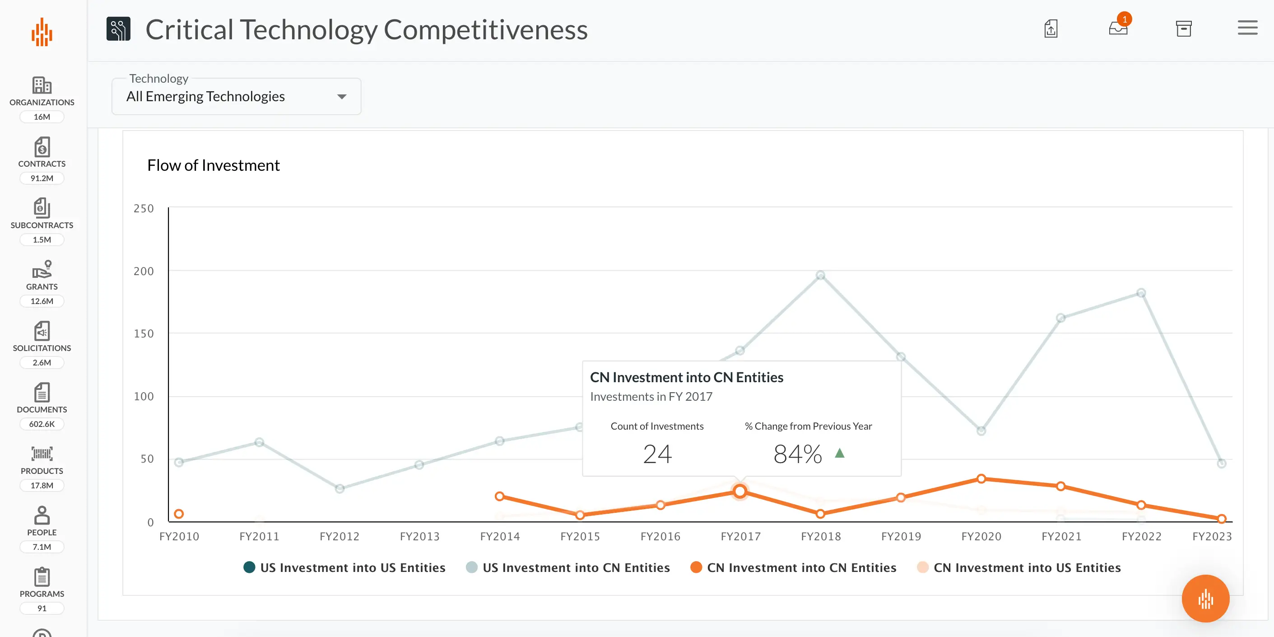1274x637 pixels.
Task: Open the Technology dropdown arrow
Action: (341, 97)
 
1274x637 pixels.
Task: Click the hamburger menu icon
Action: (1247, 28)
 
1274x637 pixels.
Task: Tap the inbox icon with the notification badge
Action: (1118, 28)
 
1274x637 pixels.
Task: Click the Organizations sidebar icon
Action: (42, 85)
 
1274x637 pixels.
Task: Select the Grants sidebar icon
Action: (42, 270)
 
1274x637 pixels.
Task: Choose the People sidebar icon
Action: (42, 515)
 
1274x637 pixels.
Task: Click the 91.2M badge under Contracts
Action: (42, 178)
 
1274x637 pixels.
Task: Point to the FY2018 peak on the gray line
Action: (820, 275)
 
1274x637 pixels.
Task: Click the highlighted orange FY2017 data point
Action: (740, 491)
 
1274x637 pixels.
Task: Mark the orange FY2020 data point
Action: (981, 478)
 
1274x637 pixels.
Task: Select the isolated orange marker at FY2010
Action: (179, 514)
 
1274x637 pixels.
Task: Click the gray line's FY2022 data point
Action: (1141, 293)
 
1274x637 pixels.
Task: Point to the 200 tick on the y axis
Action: (144, 271)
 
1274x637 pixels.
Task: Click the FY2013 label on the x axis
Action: (419, 537)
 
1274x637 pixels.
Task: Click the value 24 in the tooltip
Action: (657, 454)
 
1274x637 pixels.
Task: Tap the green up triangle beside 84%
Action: (839, 453)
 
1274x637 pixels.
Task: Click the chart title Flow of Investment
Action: (214, 165)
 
